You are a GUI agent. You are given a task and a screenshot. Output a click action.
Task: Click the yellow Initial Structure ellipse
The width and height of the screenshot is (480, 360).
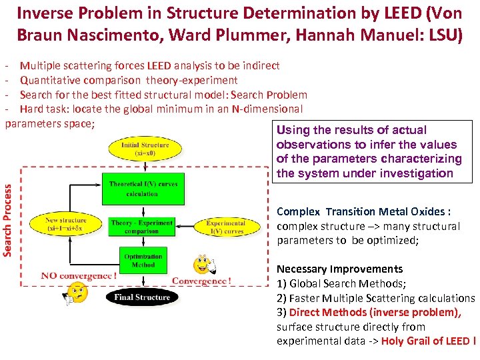coord(144,148)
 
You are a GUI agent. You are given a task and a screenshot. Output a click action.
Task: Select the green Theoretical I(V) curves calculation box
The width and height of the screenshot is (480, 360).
coord(142,189)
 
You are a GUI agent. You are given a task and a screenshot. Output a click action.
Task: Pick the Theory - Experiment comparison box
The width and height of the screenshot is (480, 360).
coord(142,227)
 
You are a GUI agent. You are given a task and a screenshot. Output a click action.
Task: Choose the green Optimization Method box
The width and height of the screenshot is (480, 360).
coord(143,260)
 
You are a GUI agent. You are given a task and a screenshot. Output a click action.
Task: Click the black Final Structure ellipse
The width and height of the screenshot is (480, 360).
coord(142,297)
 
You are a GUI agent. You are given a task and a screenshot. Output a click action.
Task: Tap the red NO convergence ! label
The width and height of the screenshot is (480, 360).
coord(79,276)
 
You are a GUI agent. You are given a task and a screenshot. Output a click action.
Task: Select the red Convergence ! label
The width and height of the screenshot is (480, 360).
coord(201,281)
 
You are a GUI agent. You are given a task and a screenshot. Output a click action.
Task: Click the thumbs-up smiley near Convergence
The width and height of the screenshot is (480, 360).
coord(203,265)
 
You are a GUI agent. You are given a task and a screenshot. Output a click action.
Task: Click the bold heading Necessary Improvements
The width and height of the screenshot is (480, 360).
coord(339,269)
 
